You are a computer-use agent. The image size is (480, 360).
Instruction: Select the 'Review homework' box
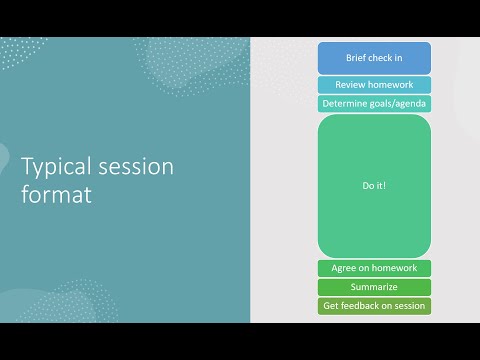point(374,85)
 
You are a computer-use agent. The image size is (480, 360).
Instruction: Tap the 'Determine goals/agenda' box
point(374,104)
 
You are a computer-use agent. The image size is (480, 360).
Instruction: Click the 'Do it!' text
point(374,186)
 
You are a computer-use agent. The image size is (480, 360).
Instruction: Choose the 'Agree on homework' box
point(374,268)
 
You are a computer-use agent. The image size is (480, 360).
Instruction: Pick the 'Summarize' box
point(374,287)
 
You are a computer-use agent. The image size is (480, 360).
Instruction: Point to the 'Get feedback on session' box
point(374,306)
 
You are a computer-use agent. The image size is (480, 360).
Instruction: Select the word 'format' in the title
point(56,195)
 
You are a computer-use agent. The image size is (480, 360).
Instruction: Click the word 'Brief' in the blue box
point(356,58)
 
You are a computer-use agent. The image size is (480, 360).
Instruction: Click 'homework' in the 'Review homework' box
point(390,85)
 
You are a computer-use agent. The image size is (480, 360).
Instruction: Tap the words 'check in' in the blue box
point(387,58)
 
